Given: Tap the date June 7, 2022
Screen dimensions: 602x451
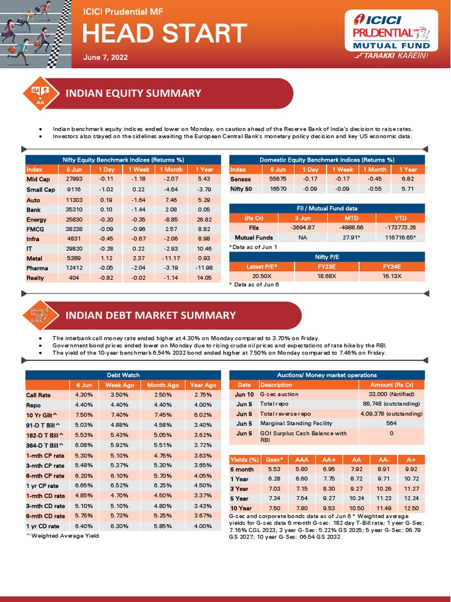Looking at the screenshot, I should click(105, 58).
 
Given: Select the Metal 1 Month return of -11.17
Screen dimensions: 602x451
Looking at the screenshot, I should click(171, 258).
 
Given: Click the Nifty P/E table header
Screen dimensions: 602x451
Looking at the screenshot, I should click(327, 257).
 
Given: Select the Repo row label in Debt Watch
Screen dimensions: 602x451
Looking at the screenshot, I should click(33, 405).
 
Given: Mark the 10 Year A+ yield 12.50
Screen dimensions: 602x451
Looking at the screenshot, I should click(412, 508).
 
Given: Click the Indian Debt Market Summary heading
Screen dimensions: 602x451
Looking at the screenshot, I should click(151, 316).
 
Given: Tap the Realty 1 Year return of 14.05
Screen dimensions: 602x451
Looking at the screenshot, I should click(204, 278).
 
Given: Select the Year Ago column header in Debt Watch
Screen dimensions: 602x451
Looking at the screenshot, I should click(203, 385).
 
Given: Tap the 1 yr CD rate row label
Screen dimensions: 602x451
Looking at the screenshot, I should click(43, 526).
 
